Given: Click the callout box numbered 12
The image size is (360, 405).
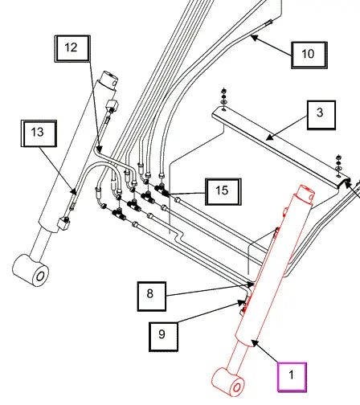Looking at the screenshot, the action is point(72,49).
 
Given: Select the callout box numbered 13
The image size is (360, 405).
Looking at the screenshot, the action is point(39,133).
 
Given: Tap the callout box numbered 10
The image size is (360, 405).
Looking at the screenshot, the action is point(309,55).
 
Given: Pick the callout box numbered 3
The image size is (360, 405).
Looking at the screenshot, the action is point(321,115).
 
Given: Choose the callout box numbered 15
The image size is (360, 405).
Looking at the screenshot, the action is point(223,192).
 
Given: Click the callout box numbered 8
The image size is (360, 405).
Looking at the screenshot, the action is point(152,297).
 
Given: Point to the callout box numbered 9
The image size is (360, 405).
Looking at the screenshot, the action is point(163,337).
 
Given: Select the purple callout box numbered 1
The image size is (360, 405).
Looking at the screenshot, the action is point(292,377).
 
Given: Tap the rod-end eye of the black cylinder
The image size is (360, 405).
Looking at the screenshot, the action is point(31,270).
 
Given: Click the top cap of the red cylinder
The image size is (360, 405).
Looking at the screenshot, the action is point(305,194).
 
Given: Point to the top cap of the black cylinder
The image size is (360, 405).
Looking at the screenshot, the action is point(108,79).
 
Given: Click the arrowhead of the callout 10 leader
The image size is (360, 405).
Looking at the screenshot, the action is point(254,38).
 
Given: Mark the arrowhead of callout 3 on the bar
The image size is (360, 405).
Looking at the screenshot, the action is point(269,137).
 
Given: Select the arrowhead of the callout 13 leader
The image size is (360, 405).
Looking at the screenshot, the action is point(74,191).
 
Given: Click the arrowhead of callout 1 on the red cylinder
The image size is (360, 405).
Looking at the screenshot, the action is point(255,343).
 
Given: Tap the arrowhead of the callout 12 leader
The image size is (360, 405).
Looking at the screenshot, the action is point(99,149).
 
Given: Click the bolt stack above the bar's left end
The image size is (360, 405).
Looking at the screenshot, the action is point(223,99).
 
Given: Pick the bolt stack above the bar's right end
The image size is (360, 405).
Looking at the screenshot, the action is point(338,166).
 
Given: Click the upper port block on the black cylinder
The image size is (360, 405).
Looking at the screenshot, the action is point(112,105).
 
